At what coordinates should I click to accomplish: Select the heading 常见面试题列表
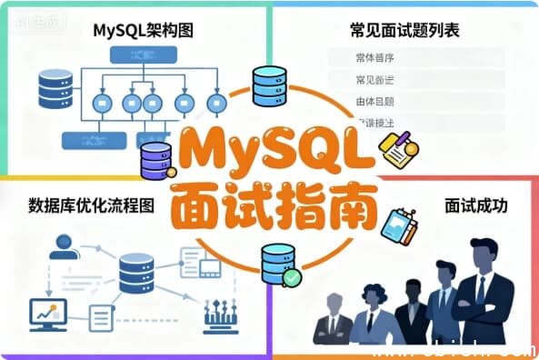pyautogui.click(x=404, y=30)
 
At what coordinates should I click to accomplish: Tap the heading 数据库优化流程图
pyautogui.click(x=91, y=205)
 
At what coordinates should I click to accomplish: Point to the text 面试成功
pyautogui.click(x=475, y=205)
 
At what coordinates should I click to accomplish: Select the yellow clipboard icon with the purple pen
pyautogui.click(x=396, y=150)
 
